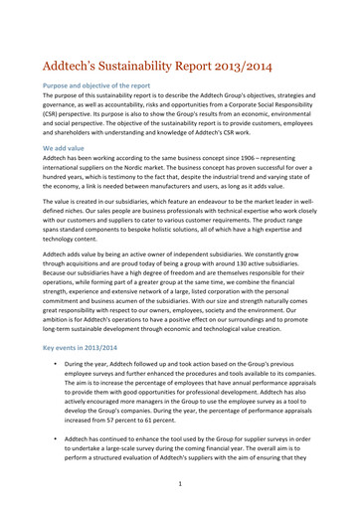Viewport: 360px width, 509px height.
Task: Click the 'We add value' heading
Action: click(69, 146)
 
